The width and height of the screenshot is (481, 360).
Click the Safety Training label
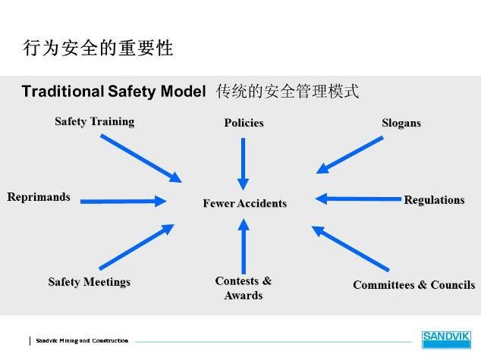pyautogui.click(x=95, y=121)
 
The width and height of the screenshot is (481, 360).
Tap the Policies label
pyautogui.click(x=244, y=123)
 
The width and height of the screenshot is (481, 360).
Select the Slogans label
pyautogui.click(x=401, y=124)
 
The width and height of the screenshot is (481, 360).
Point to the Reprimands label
pyautogui.click(x=39, y=197)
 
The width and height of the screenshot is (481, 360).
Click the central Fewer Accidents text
pyautogui.click(x=245, y=203)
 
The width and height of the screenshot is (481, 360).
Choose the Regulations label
pyautogui.click(x=434, y=200)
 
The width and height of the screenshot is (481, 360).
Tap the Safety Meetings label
pyautogui.click(x=90, y=282)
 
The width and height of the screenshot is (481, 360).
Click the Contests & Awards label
pyautogui.click(x=244, y=288)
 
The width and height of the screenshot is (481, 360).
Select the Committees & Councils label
pyautogui.click(x=413, y=285)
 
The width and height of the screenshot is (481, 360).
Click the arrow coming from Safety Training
pyautogui.click(x=141, y=158)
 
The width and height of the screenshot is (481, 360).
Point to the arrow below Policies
pyautogui.click(x=244, y=164)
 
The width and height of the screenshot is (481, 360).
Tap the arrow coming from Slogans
pyautogui.click(x=350, y=155)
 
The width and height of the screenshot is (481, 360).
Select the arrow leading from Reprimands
pyautogui.click(x=124, y=202)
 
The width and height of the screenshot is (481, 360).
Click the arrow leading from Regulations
pyautogui.click(x=358, y=199)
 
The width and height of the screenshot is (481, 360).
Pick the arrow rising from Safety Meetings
pyautogui.click(x=137, y=247)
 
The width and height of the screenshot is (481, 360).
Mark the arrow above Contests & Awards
pyautogui.click(x=244, y=246)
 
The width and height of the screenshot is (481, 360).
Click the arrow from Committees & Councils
pyautogui.click(x=351, y=249)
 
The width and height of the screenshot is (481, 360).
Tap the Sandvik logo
pyautogui.click(x=446, y=340)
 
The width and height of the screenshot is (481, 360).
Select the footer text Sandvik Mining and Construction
pyautogui.click(x=82, y=340)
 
